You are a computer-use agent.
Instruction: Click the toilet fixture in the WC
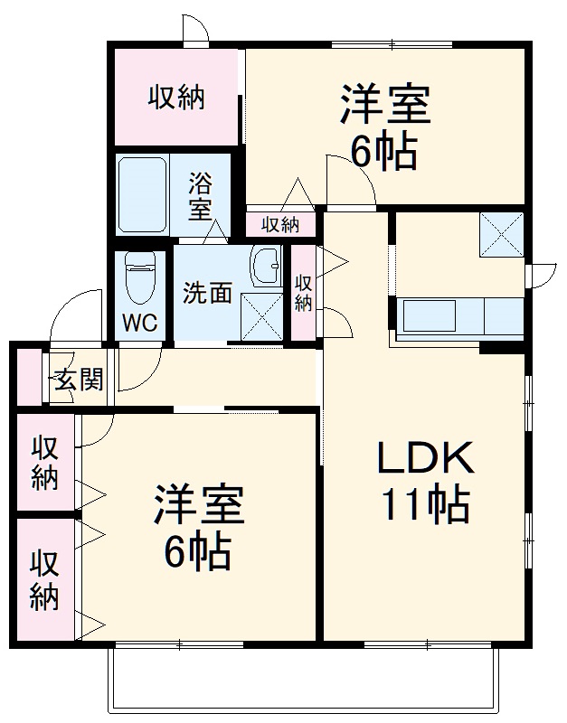tap(140, 276)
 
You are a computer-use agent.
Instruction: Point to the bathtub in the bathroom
tap(142, 195)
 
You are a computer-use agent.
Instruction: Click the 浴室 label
tap(200, 197)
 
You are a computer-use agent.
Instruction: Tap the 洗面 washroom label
tap(208, 293)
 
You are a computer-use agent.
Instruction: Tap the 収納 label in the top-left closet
tap(176, 97)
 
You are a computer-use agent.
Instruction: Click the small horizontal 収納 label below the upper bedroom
tap(280, 224)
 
